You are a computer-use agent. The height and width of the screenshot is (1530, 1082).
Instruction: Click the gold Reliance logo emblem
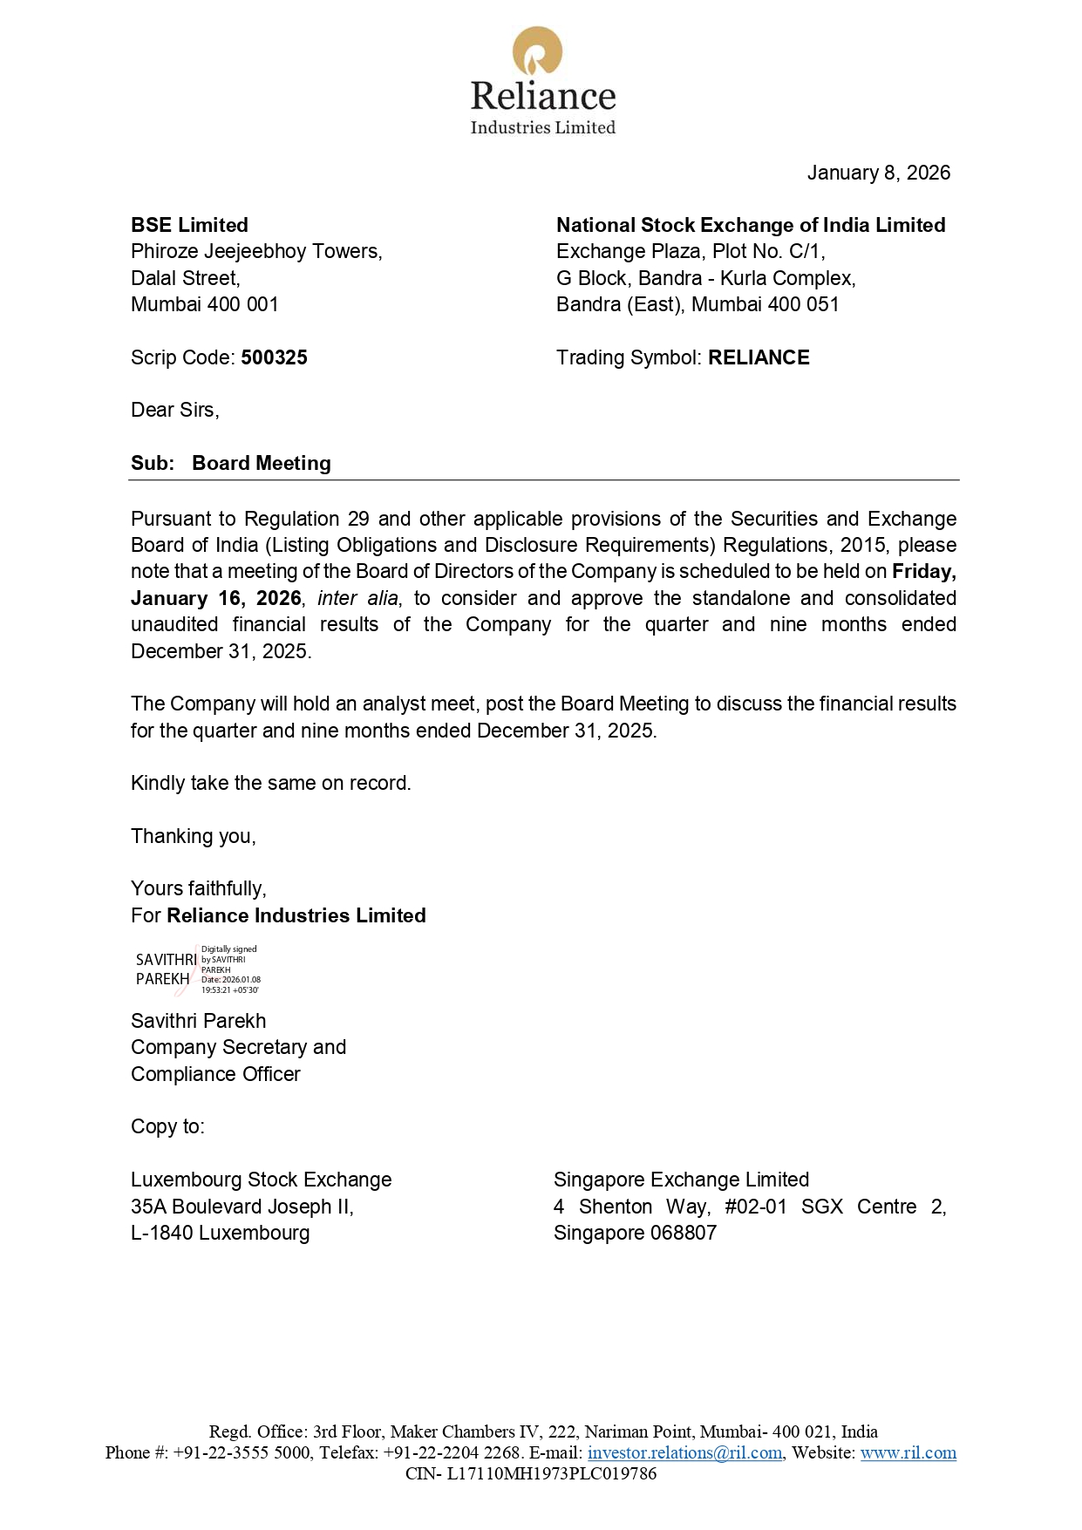point(537,51)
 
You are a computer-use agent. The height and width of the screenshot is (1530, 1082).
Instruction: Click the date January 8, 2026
point(878,173)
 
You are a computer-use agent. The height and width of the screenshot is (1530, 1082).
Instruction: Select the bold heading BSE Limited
point(189,225)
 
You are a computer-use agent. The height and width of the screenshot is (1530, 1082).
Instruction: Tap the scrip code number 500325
point(274,357)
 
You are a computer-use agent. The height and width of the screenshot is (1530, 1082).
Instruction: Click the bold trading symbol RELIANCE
point(759,357)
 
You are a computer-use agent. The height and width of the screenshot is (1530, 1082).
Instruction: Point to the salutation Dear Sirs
point(174,410)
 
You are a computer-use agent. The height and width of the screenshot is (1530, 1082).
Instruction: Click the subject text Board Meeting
point(262,463)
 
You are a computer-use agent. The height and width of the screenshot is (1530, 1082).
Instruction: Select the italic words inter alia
point(357,598)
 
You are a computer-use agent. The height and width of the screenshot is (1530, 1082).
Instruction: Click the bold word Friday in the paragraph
point(923,571)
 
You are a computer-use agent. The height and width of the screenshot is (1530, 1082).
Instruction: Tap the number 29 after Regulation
point(358,519)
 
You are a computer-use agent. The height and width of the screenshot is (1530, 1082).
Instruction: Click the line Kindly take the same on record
point(270,783)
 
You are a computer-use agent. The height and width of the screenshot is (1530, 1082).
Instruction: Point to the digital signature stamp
point(197,969)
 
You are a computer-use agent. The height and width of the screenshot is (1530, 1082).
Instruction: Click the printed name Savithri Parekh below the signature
point(198,1021)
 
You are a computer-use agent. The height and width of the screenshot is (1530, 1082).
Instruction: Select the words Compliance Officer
point(215,1074)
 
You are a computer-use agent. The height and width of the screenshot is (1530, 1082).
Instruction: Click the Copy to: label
point(167,1126)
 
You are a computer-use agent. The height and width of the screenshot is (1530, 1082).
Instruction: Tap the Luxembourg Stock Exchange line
point(261,1180)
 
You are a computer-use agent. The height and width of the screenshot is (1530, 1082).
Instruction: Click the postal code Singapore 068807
point(635,1233)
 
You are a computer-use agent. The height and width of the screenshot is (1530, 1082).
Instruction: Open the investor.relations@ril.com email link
point(684,1452)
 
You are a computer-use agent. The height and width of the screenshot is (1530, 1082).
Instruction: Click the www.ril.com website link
point(908,1452)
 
